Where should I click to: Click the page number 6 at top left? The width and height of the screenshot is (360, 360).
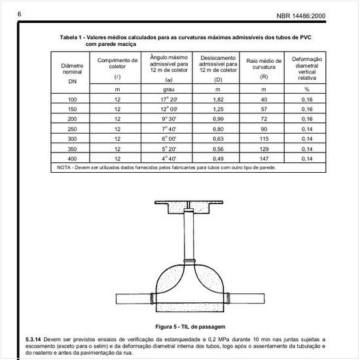pos(20,14)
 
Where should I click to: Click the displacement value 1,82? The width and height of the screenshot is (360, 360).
pos(218,99)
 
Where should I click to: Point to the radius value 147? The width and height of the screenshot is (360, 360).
pos(263,158)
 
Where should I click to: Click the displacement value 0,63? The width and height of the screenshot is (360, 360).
pos(218,139)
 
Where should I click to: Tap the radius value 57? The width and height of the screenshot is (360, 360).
pos(263,109)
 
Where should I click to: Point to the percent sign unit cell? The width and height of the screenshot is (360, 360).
pos(306,88)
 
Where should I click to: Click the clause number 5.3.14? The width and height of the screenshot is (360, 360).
pos(35,339)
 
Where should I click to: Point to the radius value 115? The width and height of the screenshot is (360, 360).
pos(263,139)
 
